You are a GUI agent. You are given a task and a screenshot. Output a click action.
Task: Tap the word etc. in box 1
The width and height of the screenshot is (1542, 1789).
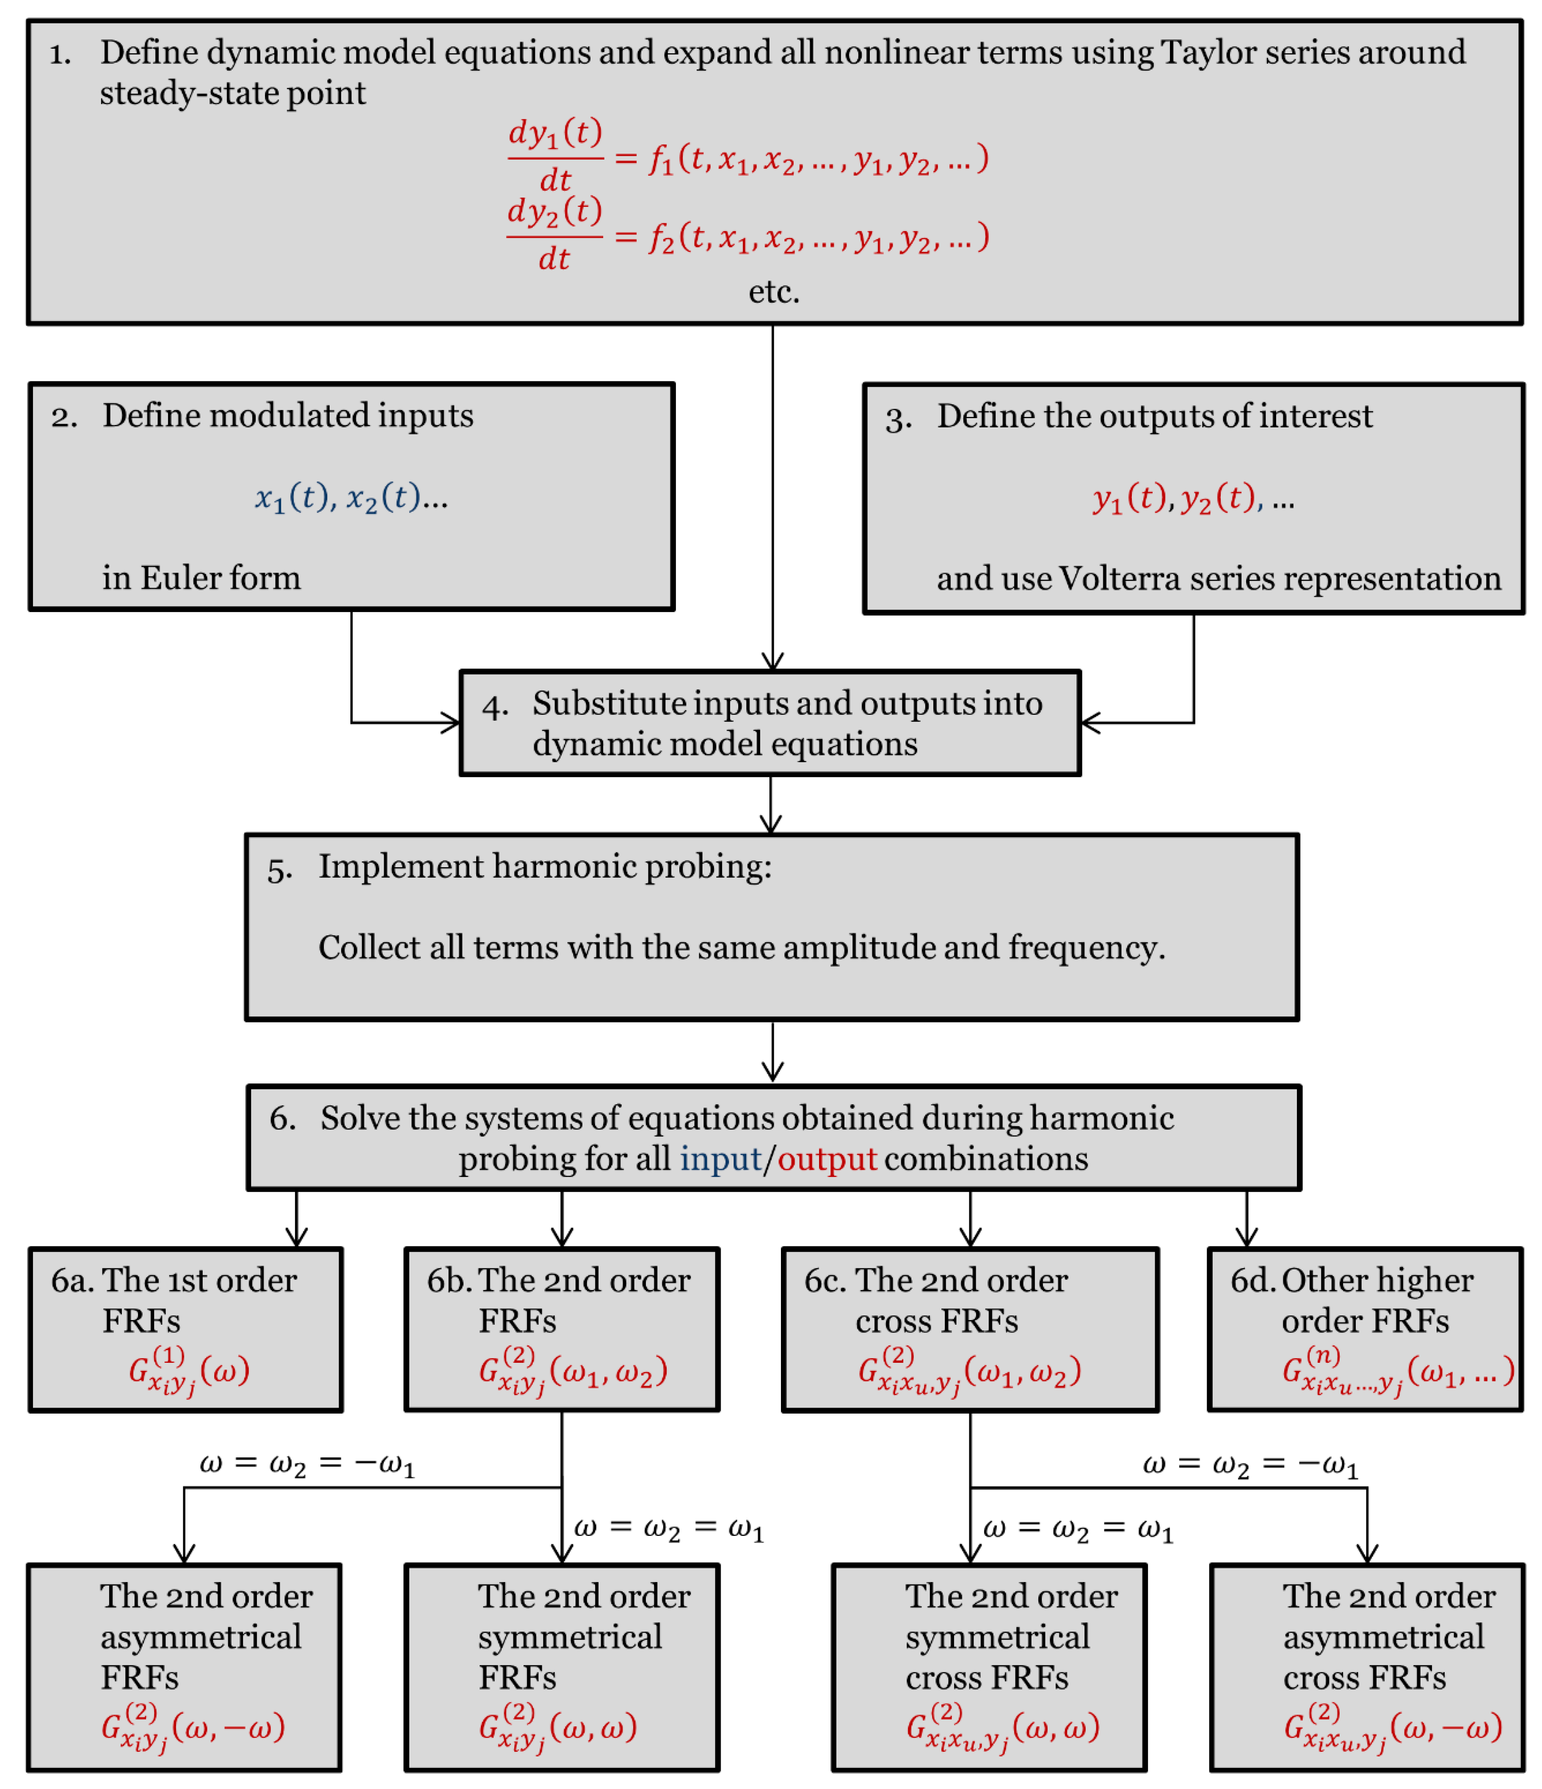[x=774, y=292]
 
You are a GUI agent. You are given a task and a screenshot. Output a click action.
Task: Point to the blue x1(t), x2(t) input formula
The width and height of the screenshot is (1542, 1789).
[x=350, y=498]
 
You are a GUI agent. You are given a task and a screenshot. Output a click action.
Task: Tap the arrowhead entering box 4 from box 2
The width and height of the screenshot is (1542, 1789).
[x=452, y=723]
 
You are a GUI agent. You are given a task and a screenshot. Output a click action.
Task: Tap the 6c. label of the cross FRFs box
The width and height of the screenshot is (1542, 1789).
[x=825, y=1280]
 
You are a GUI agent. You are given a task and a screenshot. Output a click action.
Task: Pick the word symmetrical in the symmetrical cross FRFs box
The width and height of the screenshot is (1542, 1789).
[x=997, y=1637]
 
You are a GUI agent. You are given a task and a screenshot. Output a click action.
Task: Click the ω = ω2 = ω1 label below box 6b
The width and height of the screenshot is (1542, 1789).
[x=668, y=1528]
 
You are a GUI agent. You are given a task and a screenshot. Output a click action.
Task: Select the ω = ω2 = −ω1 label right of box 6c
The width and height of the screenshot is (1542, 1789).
[x=1250, y=1465]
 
